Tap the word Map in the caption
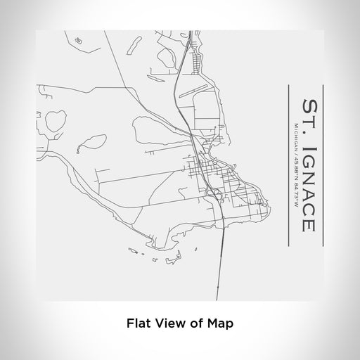[x=220, y=324]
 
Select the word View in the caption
[x=175, y=324]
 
